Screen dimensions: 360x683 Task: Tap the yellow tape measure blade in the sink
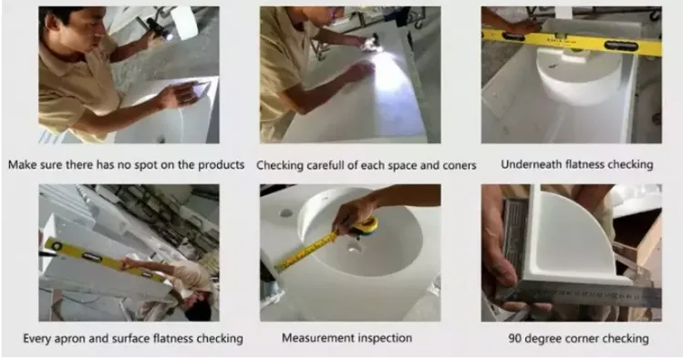pyautogui.click(x=310, y=251)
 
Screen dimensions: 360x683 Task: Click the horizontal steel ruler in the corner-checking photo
pyautogui.click(x=584, y=294)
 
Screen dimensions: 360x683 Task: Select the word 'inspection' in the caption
pyautogui.click(x=384, y=338)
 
